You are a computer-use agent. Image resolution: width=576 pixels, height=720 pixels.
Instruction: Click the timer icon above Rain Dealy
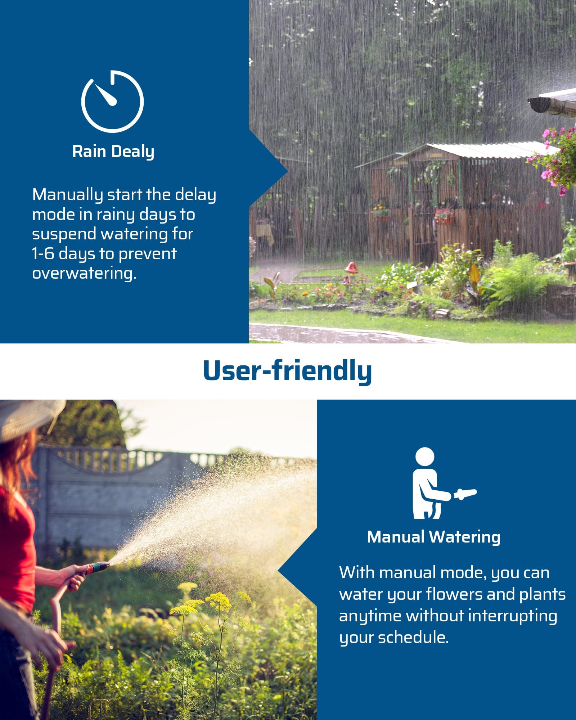pos(112,101)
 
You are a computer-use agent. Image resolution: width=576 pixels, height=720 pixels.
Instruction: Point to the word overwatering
pos(84,274)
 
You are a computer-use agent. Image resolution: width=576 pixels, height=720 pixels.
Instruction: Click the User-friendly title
pos(287,371)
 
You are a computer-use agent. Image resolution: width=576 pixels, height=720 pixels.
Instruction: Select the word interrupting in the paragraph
pos(513,616)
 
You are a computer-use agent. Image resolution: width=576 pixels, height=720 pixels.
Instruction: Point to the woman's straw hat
pos(29,418)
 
